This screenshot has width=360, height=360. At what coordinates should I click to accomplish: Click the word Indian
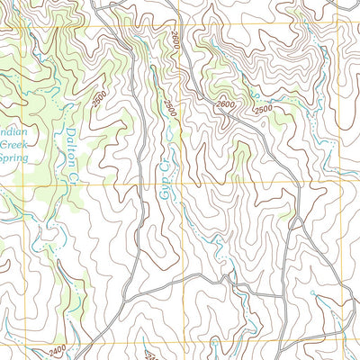click(x=17, y=128)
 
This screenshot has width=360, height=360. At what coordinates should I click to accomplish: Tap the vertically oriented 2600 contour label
click(x=174, y=41)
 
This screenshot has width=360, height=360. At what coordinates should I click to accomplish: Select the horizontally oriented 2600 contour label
click(x=228, y=105)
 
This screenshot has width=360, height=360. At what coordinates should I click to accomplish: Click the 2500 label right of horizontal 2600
click(x=262, y=109)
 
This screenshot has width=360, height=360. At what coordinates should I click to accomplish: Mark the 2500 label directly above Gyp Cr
click(x=168, y=107)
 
